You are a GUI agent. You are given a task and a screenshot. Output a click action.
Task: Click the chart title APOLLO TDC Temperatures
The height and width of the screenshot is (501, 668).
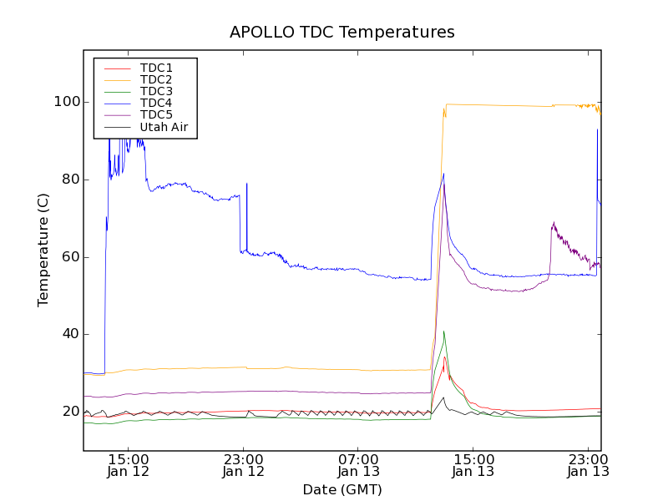click(342, 33)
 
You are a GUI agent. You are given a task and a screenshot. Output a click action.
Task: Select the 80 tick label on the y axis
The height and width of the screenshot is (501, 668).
click(68, 180)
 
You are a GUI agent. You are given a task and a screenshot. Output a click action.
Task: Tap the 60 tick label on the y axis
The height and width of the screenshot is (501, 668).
click(68, 256)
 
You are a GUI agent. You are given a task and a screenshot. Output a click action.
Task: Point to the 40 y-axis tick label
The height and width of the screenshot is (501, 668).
click(68, 334)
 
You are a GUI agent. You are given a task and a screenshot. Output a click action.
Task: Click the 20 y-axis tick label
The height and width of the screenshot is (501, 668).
click(68, 412)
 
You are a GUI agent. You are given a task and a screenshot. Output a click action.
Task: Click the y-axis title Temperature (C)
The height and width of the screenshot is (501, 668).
click(43, 248)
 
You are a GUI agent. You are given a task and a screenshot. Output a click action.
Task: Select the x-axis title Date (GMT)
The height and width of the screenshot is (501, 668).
click(342, 489)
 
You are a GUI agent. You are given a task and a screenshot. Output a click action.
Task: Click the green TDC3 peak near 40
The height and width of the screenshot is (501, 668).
click(443, 331)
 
